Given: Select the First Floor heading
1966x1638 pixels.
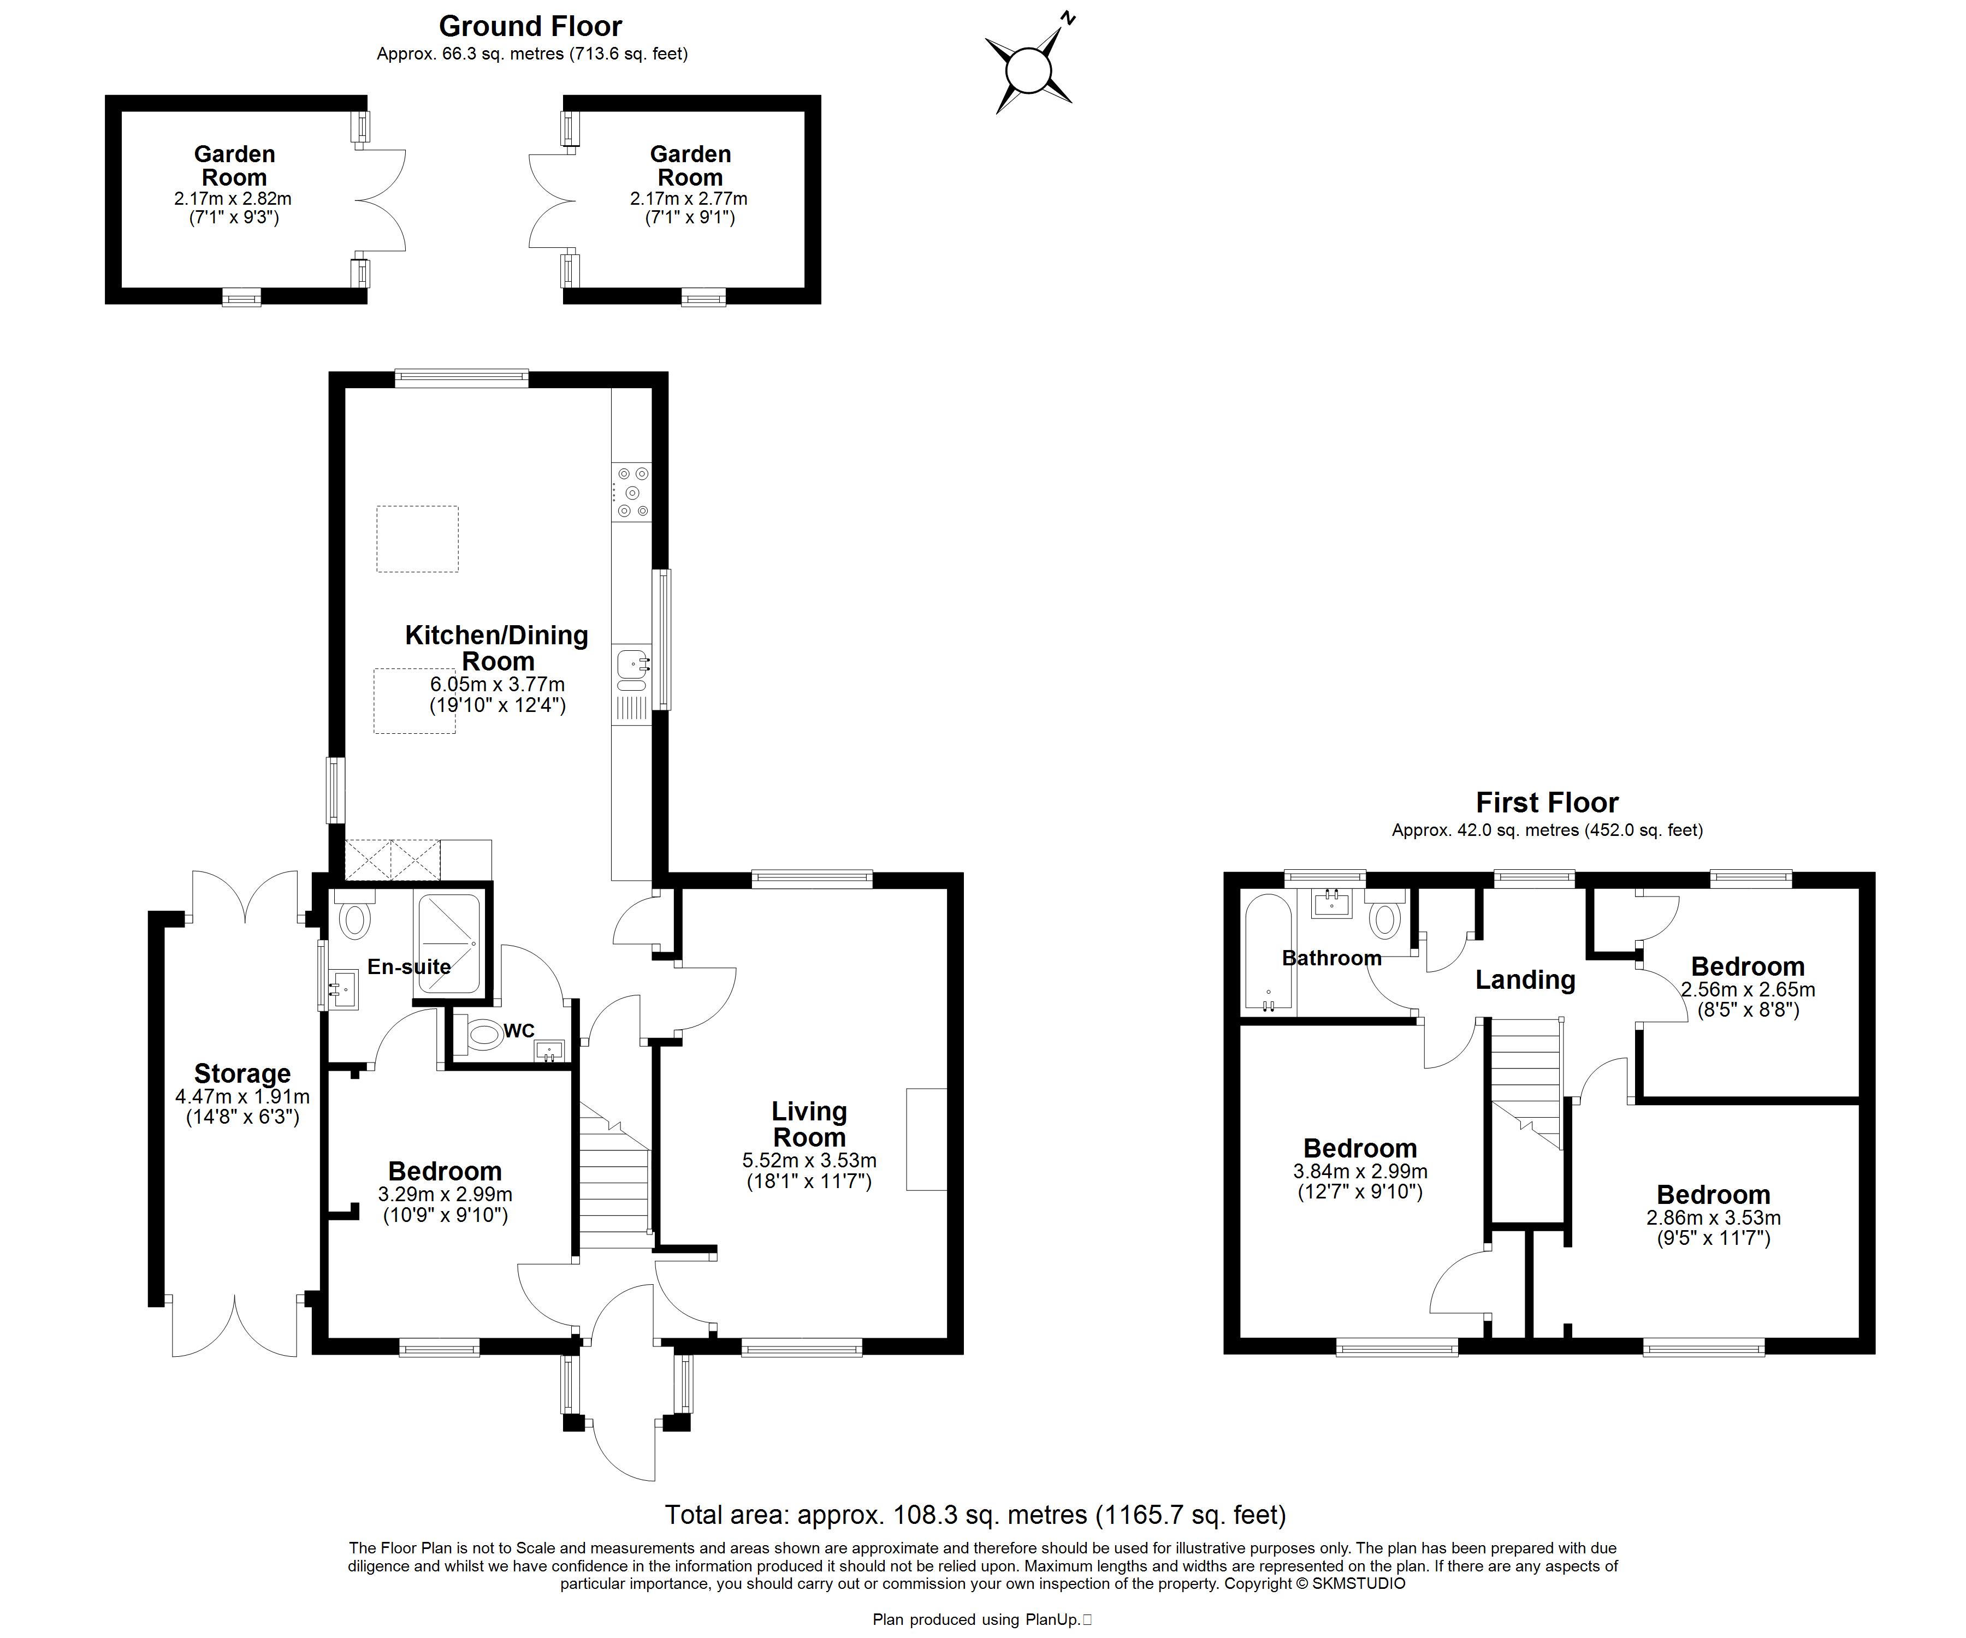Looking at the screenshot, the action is (x=1547, y=802).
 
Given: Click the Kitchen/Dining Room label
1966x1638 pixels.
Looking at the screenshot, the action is (x=497, y=648).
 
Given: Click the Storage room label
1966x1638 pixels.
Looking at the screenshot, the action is (x=242, y=1073).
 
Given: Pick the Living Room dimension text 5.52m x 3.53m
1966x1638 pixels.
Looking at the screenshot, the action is (x=810, y=1161).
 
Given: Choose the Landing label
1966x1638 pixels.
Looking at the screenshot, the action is (x=1525, y=980).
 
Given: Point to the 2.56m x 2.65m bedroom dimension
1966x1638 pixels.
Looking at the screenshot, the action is (x=1748, y=989).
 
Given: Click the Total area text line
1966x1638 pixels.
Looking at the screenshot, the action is (x=975, y=1515).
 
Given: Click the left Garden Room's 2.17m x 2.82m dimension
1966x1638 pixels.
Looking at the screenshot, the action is (x=233, y=199).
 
